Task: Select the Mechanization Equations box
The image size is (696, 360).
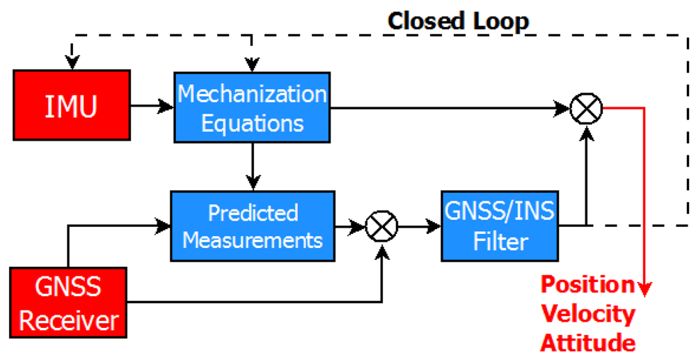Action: (251, 108)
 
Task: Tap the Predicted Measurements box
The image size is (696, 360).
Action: (253, 226)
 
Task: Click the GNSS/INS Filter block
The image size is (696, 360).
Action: (501, 226)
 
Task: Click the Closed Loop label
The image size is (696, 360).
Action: (458, 21)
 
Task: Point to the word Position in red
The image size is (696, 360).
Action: (588, 284)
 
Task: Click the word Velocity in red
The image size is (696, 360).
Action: (588, 313)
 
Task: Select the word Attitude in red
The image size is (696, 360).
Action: (588, 343)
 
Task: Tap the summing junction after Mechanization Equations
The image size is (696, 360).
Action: (586, 108)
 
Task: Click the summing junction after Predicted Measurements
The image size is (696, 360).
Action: (381, 227)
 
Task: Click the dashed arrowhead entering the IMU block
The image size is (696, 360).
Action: (70, 63)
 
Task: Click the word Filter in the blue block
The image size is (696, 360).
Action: (500, 242)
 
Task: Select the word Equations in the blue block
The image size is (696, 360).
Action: (251, 123)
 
